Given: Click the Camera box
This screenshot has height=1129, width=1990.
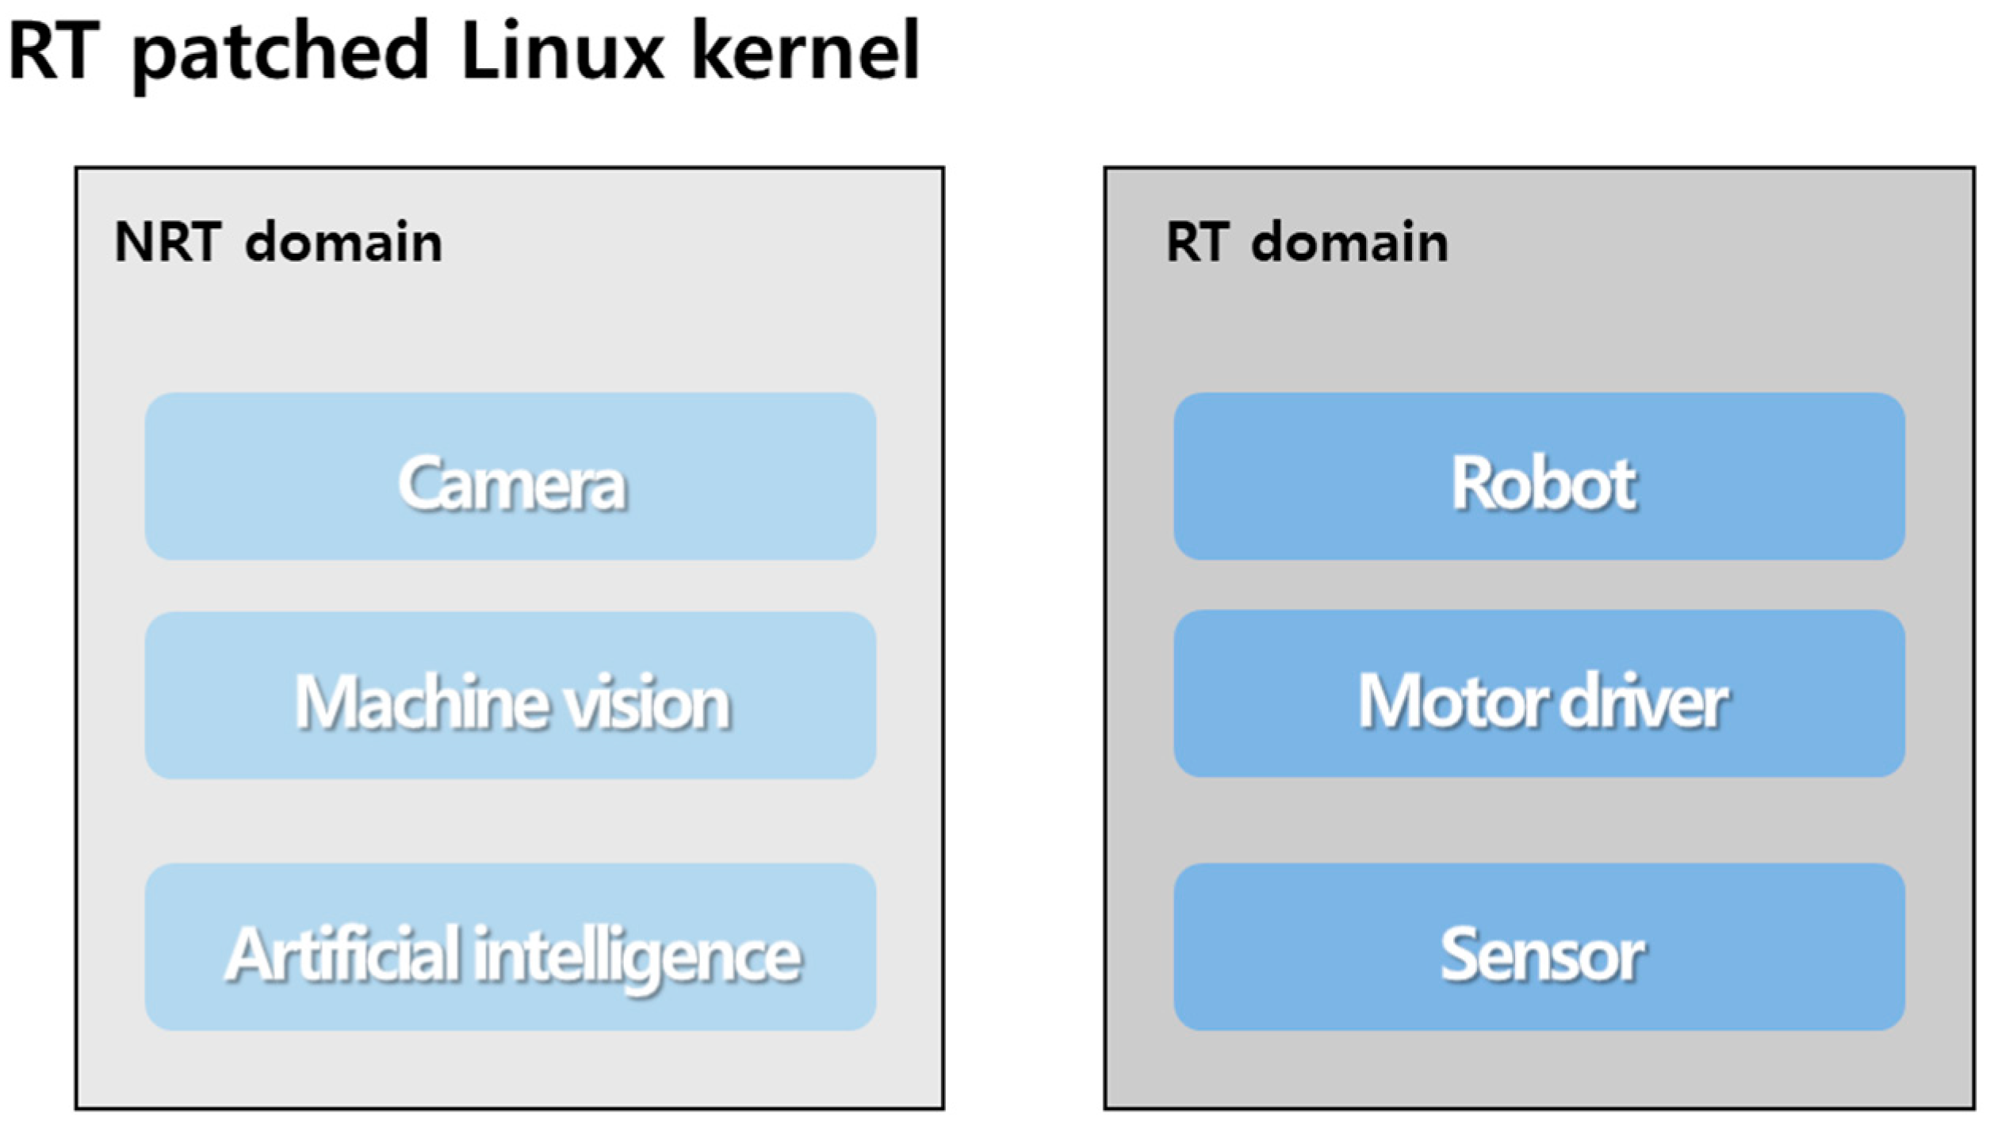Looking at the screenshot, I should click(510, 476).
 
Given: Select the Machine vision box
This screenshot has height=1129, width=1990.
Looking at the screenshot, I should click(510, 695).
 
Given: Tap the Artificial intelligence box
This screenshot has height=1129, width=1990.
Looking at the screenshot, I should click(510, 947).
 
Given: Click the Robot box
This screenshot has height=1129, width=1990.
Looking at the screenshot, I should click(1539, 476).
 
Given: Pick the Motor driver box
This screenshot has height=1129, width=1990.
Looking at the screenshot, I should click(1539, 694).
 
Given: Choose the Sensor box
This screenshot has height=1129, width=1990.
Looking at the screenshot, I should click(1539, 947).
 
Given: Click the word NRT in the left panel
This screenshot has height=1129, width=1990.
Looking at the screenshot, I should click(167, 242).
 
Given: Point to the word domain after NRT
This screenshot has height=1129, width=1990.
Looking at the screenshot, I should click(343, 242).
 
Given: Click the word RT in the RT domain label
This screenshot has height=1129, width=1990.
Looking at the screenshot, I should click(1197, 242).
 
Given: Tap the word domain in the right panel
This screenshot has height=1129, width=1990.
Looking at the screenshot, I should click(1349, 242).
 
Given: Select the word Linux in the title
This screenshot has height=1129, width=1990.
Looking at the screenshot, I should click(561, 52).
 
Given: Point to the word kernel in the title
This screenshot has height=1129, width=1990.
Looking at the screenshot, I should click(805, 52).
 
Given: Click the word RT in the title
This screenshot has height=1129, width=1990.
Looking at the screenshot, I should click(54, 52).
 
